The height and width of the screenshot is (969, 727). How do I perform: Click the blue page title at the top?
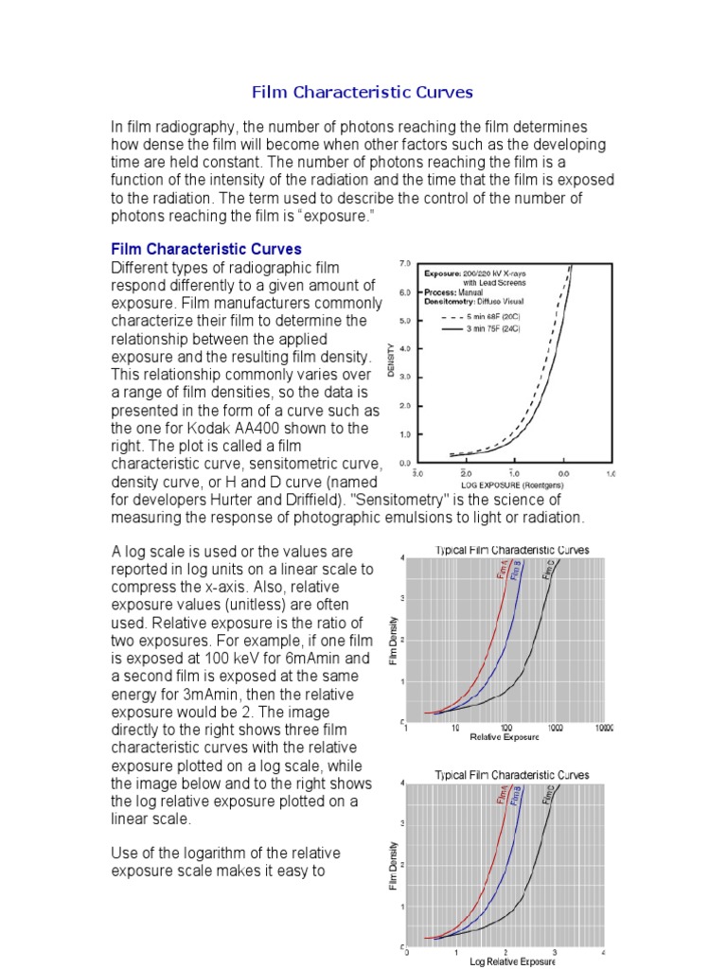(362, 93)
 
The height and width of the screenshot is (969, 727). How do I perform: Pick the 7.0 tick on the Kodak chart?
(404, 262)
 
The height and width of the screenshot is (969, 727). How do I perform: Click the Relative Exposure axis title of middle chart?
(505, 738)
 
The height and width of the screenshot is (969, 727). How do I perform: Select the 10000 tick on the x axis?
(603, 728)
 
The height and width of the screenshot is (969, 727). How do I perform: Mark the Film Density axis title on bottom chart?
(392, 865)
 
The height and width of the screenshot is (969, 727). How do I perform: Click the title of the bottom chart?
(511, 774)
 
